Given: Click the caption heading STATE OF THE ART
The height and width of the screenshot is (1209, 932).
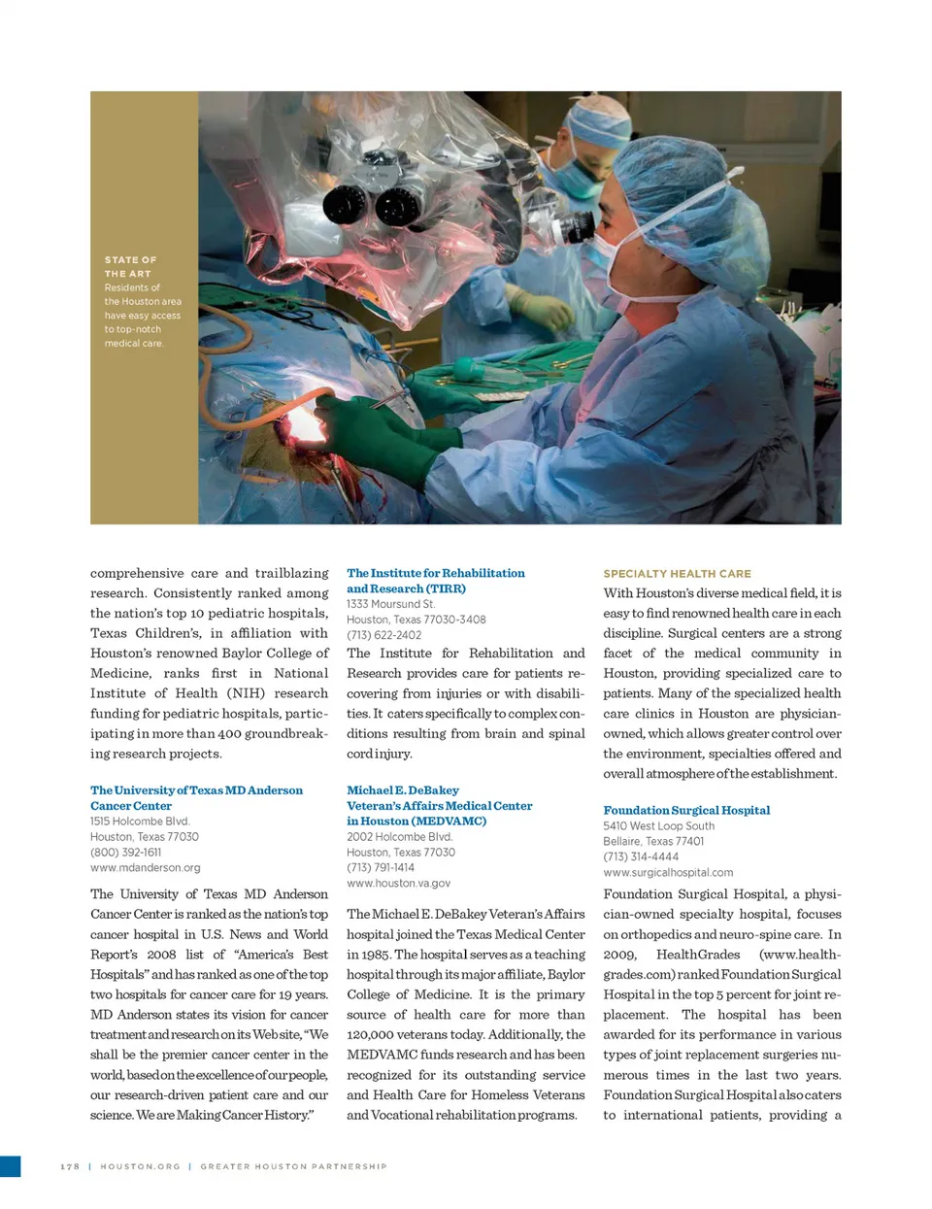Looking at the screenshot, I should pyautogui.click(x=130, y=267).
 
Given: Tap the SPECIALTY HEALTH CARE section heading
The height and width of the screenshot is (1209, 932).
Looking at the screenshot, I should pyautogui.click(x=677, y=574).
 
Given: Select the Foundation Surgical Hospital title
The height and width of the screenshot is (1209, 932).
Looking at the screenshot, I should pyautogui.click(x=686, y=810).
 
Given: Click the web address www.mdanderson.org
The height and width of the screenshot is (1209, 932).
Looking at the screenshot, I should pyautogui.click(x=145, y=867).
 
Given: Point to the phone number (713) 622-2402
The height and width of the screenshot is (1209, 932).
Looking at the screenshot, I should pyautogui.click(x=383, y=635).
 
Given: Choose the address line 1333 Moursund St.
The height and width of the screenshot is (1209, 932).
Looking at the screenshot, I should pyautogui.click(x=390, y=604).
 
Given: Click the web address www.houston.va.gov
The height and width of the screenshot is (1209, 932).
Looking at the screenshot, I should pyautogui.click(x=398, y=883).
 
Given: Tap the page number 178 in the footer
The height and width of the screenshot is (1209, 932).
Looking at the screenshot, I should pyautogui.click(x=70, y=1166).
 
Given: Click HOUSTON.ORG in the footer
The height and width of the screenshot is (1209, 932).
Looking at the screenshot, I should pyautogui.click(x=140, y=1166).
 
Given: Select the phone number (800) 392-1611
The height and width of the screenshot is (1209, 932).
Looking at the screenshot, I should pyautogui.click(x=125, y=852).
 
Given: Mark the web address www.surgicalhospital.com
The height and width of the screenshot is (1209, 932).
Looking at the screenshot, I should pyautogui.click(x=668, y=872).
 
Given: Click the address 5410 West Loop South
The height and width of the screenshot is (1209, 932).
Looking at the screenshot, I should pyautogui.click(x=658, y=825).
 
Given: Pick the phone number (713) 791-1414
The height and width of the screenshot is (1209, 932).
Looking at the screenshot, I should pyautogui.click(x=381, y=867).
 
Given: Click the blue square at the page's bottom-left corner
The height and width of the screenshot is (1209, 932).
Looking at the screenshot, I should pyautogui.click(x=10, y=1166).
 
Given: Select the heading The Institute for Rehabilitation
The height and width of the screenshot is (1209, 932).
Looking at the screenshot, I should pyautogui.click(x=435, y=573).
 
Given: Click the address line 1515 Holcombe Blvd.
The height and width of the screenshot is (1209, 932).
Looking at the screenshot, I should pyautogui.click(x=140, y=821).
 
